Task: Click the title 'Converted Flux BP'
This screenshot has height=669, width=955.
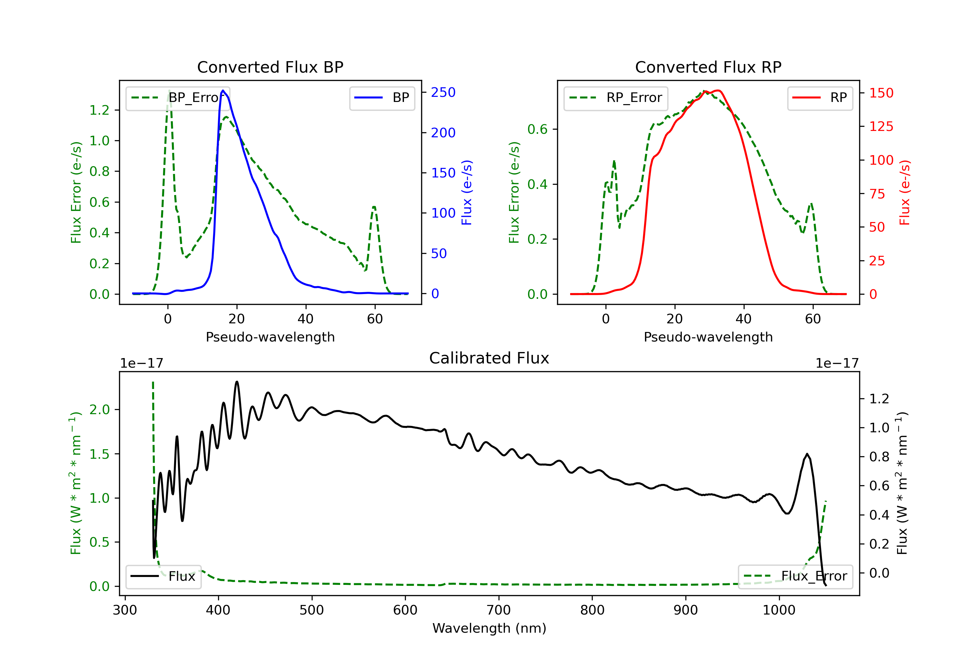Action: (x=270, y=67)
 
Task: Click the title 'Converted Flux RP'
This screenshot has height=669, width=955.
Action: (x=708, y=67)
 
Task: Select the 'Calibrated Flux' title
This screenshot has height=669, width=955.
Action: (x=489, y=358)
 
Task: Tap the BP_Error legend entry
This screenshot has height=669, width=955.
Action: (x=178, y=98)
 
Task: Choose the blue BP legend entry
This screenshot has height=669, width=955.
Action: (x=382, y=98)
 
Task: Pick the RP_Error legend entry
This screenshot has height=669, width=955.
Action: (x=616, y=98)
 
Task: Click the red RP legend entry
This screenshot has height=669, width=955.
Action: (x=820, y=98)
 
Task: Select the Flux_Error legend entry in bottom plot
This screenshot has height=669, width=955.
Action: (x=795, y=576)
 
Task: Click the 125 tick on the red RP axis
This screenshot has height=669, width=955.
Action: (x=881, y=126)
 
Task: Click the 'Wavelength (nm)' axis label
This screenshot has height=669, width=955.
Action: (x=489, y=628)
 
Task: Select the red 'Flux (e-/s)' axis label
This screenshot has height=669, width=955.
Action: (x=904, y=192)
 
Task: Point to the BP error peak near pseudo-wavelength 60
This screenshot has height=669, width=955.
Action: (x=374, y=206)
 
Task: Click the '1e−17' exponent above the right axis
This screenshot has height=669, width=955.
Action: (x=837, y=363)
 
